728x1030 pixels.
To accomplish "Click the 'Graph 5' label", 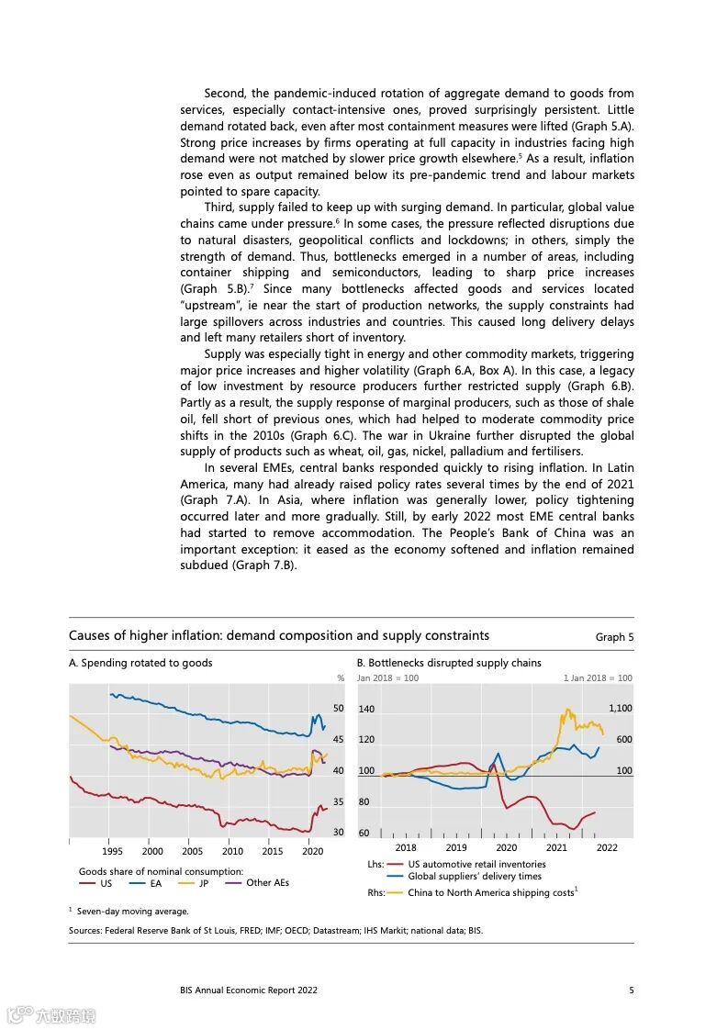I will click(x=614, y=637).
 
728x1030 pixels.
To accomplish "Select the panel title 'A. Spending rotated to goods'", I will click(x=140, y=663).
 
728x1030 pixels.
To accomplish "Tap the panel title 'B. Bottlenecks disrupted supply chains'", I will click(x=449, y=663).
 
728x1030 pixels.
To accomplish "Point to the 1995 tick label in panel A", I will click(x=113, y=852).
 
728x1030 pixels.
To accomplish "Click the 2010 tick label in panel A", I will click(x=232, y=852).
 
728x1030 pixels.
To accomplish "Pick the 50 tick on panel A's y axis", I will click(x=338, y=709).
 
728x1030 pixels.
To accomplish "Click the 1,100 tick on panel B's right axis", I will click(x=620, y=709).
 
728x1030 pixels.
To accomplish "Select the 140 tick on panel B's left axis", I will click(x=366, y=710).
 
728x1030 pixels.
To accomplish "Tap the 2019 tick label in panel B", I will click(x=456, y=848).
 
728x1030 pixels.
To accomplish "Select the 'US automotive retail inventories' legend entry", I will click(x=476, y=864).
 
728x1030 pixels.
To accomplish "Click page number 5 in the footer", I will click(x=631, y=990).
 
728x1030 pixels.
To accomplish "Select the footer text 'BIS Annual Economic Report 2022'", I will click(x=249, y=990).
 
